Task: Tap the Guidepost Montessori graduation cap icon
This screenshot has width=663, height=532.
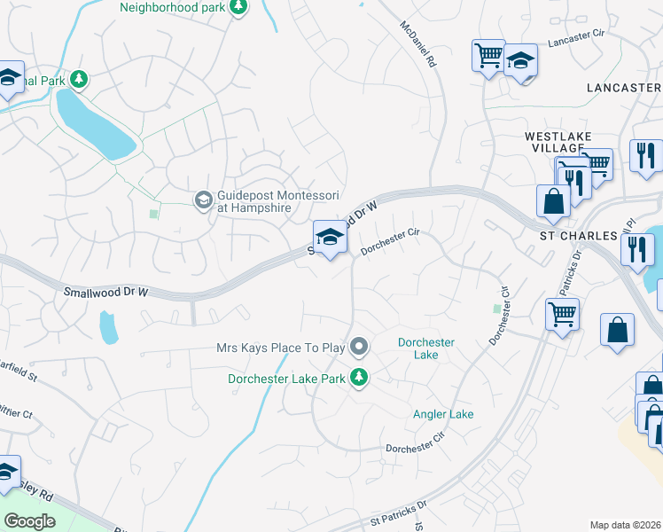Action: (x=204, y=200)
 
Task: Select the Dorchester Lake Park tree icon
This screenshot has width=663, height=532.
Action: (x=359, y=379)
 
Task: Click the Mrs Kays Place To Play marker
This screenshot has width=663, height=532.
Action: (x=359, y=347)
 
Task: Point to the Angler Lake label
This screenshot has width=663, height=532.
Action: (x=443, y=414)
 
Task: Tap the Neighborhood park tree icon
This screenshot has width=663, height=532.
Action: (x=238, y=8)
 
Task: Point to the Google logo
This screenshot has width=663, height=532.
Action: (x=29, y=520)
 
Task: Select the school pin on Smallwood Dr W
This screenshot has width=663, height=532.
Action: (x=330, y=238)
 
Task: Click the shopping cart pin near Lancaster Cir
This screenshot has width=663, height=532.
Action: (x=488, y=56)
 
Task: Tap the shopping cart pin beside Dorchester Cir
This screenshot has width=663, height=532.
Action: (x=562, y=313)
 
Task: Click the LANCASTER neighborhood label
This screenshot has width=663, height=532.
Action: (x=624, y=88)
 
